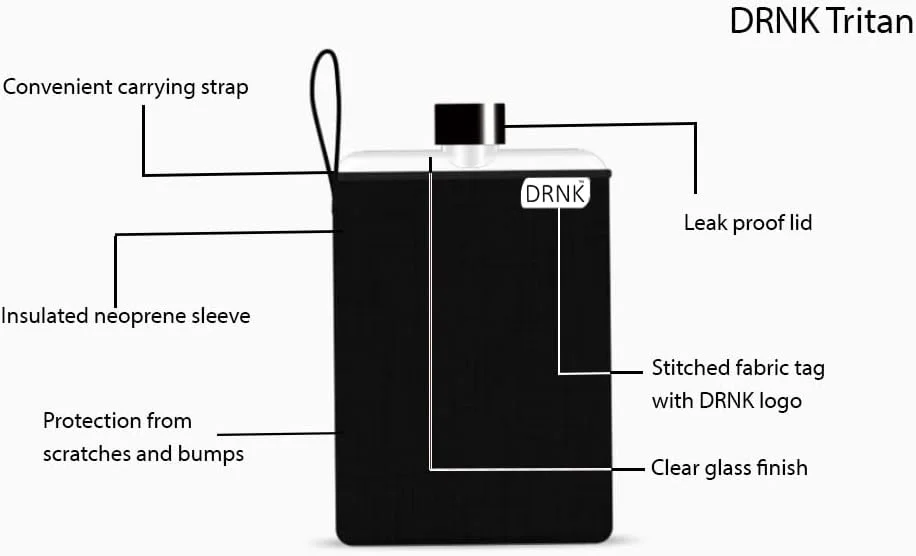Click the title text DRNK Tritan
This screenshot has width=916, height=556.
821,22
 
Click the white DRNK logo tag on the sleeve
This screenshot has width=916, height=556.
554,194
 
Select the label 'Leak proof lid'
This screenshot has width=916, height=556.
747,223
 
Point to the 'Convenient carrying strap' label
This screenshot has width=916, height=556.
125,87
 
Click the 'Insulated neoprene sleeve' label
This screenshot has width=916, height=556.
125,316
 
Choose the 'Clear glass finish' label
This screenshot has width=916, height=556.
729,468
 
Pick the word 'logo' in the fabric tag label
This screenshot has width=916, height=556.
780,401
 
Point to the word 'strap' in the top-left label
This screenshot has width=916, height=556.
224,88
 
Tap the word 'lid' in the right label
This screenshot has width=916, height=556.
798,222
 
